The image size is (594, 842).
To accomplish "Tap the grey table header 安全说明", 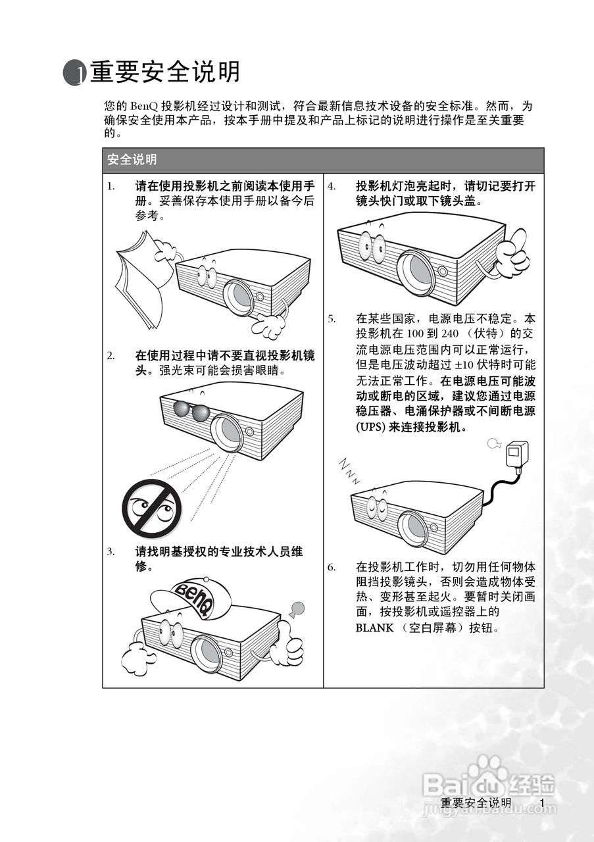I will coord(132,159).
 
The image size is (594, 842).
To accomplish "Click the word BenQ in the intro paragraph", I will coord(144,106).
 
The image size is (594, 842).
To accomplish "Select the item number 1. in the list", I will coord(111,186).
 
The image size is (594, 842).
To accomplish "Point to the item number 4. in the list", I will coord(332,186).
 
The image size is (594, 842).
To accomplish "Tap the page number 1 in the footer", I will coord(541,803).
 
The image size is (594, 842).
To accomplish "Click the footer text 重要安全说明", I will coord(476,803).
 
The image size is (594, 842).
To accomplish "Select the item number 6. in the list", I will coord(332,567).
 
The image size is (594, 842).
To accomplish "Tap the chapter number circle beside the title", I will coord(74,73).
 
